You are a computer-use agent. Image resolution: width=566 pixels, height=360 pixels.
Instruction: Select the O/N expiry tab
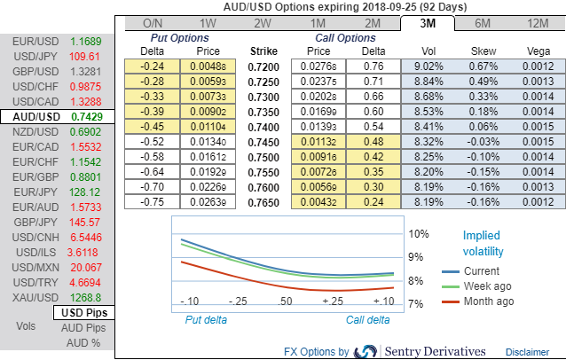coord(153,23)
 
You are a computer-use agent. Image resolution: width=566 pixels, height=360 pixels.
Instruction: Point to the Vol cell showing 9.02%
coord(429,67)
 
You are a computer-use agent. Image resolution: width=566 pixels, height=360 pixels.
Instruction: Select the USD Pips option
coord(84,313)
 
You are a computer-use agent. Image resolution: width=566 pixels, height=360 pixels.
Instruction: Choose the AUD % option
coord(84,342)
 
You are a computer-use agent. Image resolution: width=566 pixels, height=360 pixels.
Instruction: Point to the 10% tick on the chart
coord(420,234)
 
